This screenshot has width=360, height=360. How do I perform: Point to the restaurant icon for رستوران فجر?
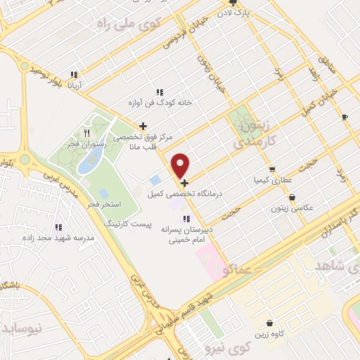pyautogui.click(x=86, y=133)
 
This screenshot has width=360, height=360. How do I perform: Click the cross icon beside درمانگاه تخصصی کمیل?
pyautogui.click(x=184, y=183)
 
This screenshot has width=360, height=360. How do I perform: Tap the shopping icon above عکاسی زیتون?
pyautogui.click(x=292, y=198)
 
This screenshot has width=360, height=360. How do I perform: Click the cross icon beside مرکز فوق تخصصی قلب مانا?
pyautogui.click(x=143, y=127)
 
